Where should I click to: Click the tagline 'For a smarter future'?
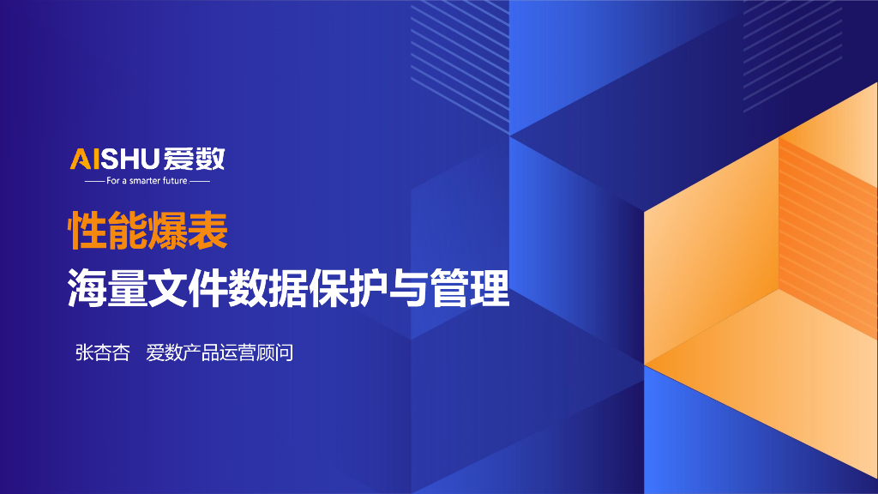147,181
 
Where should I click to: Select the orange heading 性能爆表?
147,230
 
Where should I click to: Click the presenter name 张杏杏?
102,352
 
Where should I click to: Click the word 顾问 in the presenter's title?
275,352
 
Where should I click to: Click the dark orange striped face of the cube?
827,240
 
